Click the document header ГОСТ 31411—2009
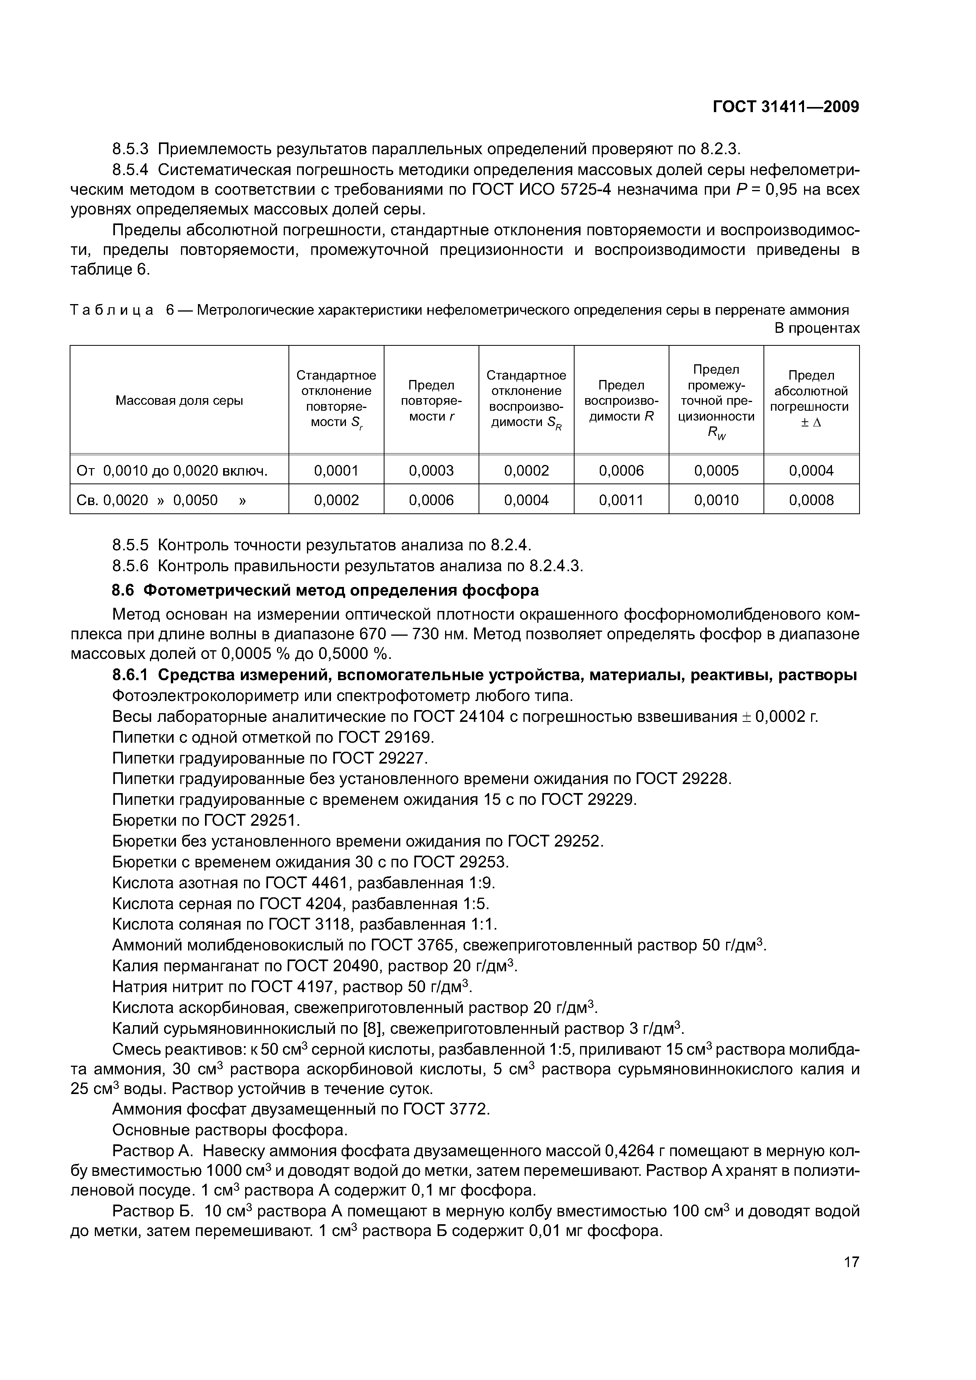click(786, 107)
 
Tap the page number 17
click(851, 1279)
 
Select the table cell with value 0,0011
click(621, 500)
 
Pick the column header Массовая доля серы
click(179, 400)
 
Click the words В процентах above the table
click(817, 328)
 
